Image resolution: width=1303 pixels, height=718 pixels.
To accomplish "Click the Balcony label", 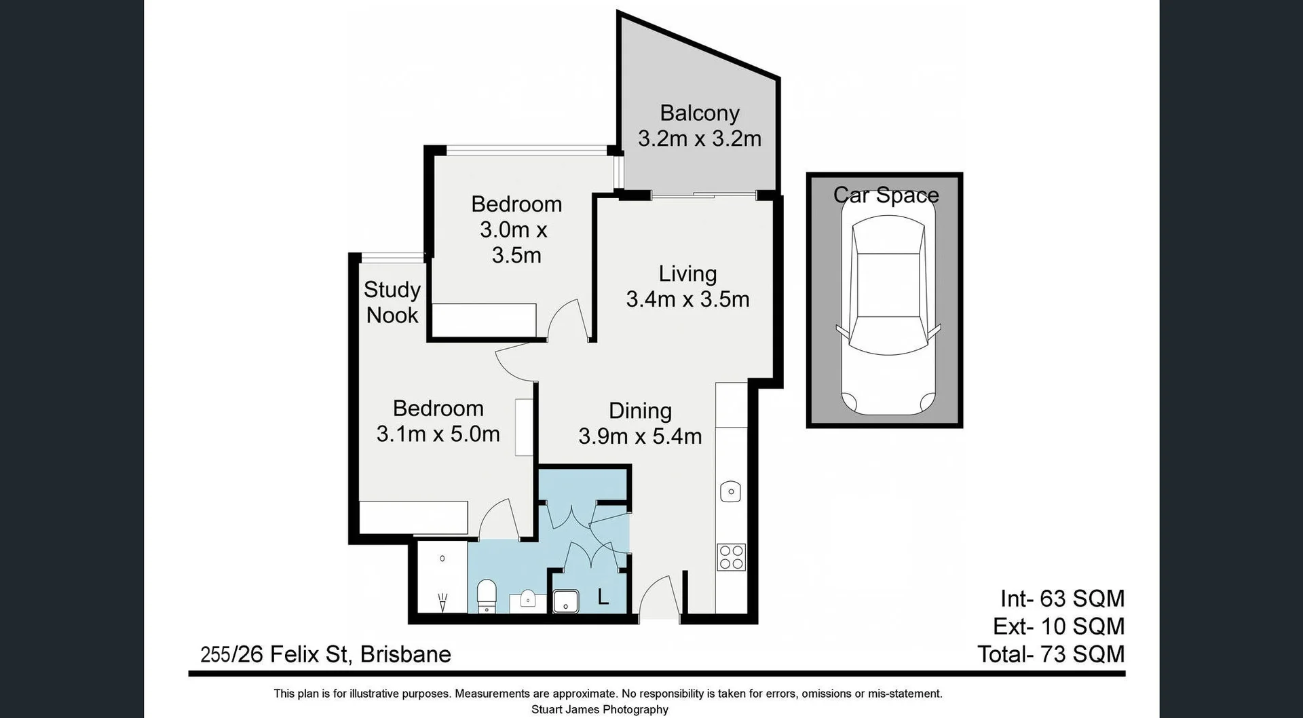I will pyautogui.click(x=699, y=113).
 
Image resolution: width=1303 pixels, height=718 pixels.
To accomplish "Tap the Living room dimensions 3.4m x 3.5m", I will pyautogui.click(x=687, y=299).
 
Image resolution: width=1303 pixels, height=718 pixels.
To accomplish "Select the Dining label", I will pyautogui.click(x=640, y=411).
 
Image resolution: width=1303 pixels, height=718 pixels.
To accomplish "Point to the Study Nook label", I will pyautogui.click(x=392, y=302).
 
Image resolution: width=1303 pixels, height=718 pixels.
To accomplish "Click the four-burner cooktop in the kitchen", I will pyautogui.click(x=732, y=557).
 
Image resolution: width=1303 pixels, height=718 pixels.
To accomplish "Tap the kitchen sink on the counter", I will pyautogui.click(x=730, y=491).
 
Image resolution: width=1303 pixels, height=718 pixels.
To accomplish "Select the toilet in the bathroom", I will pyautogui.click(x=487, y=595).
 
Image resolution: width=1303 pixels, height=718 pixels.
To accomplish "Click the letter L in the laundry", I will pyautogui.click(x=603, y=598).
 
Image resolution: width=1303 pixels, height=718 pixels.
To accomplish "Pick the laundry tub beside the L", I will pyautogui.click(x=565, y=601).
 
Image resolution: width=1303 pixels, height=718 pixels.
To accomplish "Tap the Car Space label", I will pyautogui.click(x=886, y=195).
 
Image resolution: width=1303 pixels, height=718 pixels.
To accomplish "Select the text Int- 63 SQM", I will pyautogui.click(x=1062, y=599).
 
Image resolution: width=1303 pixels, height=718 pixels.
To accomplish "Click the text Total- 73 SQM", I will pyautogui.click(x=1051, y=654).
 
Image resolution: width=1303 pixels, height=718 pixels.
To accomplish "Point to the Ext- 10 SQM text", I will pyautogui.click(x=1058, y=626).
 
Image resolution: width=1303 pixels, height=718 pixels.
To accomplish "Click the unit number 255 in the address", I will pyautogui.click(x=214, y=655).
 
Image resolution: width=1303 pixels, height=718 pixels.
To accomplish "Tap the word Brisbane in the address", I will pyautogui.click(x=405, y=654).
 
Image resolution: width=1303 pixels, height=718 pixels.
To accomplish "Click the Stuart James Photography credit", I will pyautogui.click(x=599, y=709).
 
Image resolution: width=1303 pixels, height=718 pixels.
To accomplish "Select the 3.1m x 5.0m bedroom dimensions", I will pyautogui.click(x=438, y=434).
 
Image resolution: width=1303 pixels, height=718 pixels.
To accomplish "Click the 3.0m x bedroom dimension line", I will pyautogui.click(x=513, y=230).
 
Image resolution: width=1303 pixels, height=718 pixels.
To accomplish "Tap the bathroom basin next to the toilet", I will pyautogui.click(x=528, y=600).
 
